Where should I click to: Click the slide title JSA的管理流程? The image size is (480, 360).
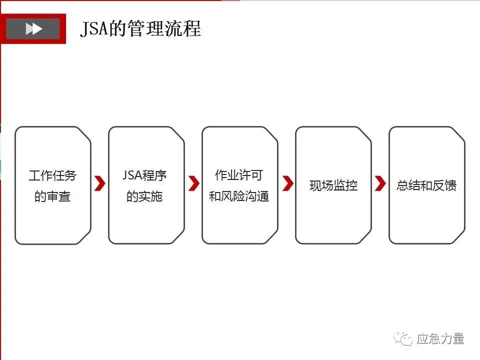click(x=140, y=29)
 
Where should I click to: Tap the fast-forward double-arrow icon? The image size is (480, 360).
click(x=33, y=29)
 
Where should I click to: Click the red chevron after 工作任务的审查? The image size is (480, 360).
click(x=100, y=183)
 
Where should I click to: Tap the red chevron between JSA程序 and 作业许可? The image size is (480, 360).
click(x=193, y=183)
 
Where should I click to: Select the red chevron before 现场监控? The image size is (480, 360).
click(x=287, y=183)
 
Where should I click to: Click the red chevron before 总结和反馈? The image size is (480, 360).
click(x=380, y=183)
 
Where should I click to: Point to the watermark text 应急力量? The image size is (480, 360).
click(x=440, y=339)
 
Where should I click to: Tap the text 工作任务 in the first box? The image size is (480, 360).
click(x=52, y=176)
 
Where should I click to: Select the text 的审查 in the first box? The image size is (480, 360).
click(x=52, y=196)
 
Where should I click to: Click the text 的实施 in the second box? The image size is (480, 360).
click(x=144, y=196)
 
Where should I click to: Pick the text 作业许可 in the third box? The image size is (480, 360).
click(x=239, y=175)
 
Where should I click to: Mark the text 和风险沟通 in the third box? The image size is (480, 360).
click(x=239, y=196)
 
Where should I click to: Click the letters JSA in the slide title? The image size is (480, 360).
click(x=94, y=29)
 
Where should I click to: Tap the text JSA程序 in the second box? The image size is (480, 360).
click(x=144, y=175)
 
